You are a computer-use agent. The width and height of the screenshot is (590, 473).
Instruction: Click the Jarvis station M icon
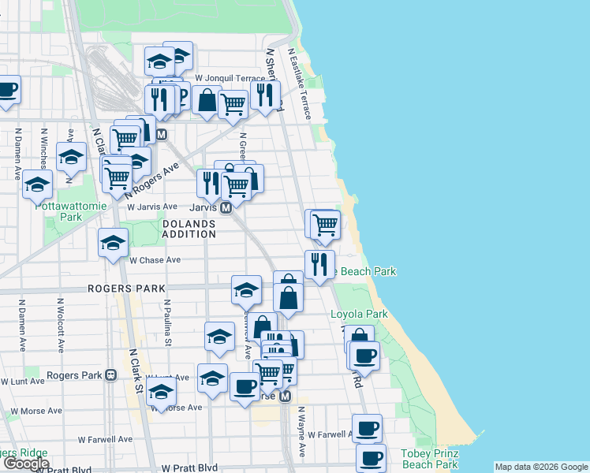pos(226,207)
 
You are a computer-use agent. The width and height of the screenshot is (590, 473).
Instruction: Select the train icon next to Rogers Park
pos(110,375)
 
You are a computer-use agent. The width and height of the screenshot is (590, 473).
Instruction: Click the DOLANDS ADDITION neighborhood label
pos(189,229)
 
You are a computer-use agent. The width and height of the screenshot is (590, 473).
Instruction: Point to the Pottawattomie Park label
pos(58,211)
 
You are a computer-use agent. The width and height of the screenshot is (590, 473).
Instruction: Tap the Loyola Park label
pos(359,314)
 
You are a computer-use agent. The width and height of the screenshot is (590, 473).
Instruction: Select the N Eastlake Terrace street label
pos(301,84)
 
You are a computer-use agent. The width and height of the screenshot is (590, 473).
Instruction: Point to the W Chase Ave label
pos(155,260)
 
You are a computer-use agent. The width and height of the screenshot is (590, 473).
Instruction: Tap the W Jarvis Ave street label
pos(153,207)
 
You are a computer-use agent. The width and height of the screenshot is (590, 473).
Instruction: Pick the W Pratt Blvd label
pos(189,467)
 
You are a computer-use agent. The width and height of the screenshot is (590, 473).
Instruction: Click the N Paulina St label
pos(168,322)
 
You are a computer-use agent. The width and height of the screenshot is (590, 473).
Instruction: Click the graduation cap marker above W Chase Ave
pos(113,243)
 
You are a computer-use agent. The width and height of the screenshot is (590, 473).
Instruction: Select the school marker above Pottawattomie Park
pos(37,184)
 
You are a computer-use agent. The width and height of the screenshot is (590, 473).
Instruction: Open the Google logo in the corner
pos(25,464)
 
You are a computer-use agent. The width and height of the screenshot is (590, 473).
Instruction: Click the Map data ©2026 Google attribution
pos(540,467)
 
